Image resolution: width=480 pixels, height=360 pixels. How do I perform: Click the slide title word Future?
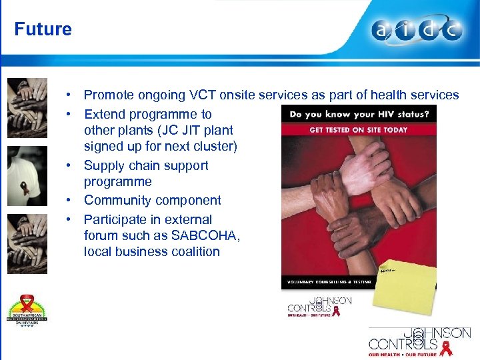43,29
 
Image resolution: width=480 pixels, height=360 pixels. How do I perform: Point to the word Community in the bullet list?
117,200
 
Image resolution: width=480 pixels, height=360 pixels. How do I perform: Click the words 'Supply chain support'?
146,165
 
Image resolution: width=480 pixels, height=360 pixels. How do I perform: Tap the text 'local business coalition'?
151,251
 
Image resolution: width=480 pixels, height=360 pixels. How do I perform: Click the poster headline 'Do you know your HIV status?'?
359,113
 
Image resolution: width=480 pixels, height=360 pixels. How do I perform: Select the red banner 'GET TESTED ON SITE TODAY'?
359,129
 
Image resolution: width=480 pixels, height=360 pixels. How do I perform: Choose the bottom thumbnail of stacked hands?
27,243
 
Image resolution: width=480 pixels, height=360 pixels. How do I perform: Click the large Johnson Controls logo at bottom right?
419,341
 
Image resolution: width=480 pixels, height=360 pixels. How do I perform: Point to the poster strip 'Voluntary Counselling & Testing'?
327,282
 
